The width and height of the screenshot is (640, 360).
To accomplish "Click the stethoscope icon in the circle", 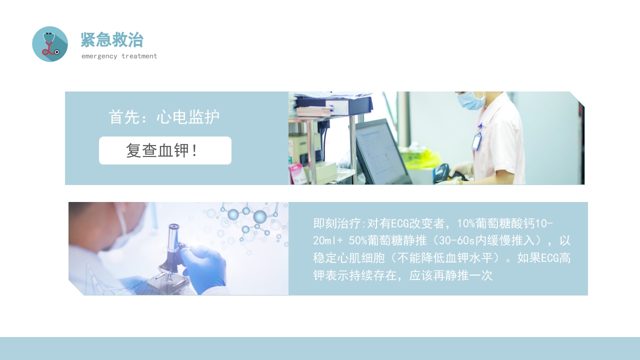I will click(x=49, y=44).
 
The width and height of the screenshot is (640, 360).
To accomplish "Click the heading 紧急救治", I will click(x=112, y=39).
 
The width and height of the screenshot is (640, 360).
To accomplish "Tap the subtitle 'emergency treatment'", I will click(x=119, y=56).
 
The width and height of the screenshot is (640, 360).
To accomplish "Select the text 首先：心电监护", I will click(x=164, y=117).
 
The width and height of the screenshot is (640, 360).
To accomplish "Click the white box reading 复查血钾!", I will click(x=165, y=150).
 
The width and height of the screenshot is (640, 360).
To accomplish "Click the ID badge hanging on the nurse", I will click(x=476, y=141).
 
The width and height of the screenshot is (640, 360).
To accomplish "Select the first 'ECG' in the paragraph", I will click(x=400, y=222).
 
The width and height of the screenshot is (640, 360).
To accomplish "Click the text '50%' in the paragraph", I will click(x=357, y=240).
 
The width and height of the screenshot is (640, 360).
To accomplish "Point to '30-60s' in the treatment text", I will click(x=450, y=240).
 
